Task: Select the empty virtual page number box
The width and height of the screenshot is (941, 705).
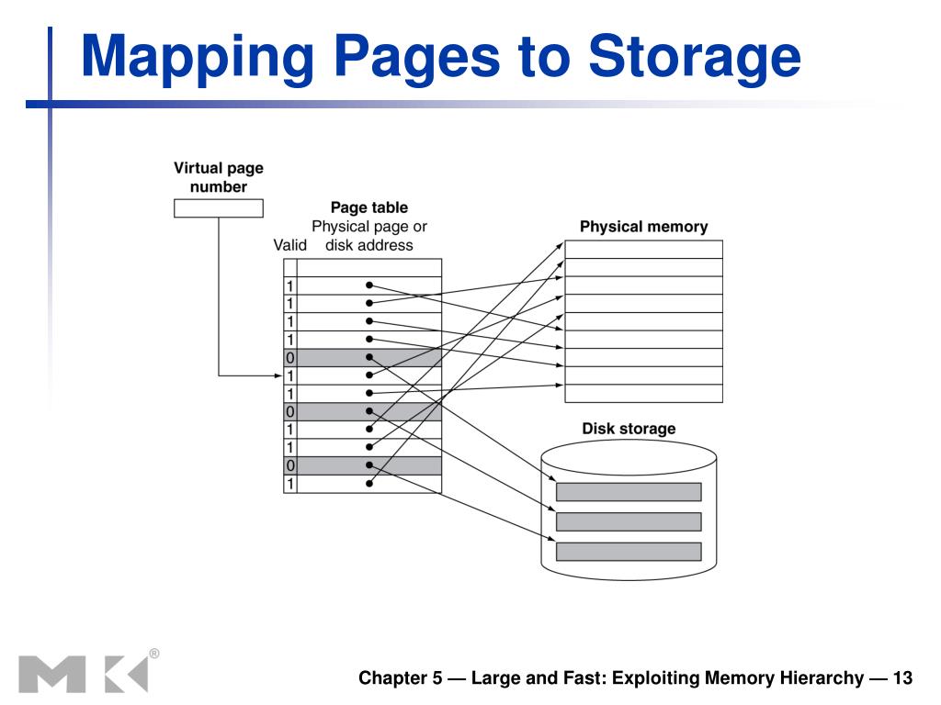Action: pyautogui.click(x=219, y=208)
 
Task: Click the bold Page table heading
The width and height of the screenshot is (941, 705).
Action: pyautogui.click(x=369, y=207)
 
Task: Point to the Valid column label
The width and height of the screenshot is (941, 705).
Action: pyautogui.click(x=289, y=244)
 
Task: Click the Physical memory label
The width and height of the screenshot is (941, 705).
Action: pyautogui.click(x=643, y=227)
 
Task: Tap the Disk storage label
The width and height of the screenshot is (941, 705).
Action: pyautogui.click(x=629, y=429)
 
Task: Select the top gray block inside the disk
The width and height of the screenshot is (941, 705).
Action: pyautogui.click(x=629, y=492)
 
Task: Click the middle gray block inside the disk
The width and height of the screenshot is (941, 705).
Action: pyautogui.click(x=629, y=521)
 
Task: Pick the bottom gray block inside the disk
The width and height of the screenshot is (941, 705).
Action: pyautogui.click(x=629, y=552)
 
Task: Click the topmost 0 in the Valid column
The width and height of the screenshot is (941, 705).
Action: pyautogui.click(x=289, y=358)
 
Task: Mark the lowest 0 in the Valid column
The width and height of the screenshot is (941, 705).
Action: pyautogui.click(x=289, y=465)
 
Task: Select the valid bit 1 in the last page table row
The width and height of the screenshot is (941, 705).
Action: pyautogui.click(x=289, y=484)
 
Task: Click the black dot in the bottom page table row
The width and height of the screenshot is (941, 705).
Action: pyautogui.click(x=369, y=483)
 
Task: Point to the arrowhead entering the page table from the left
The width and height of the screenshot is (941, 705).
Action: pyautogui.click(x=278, y=375)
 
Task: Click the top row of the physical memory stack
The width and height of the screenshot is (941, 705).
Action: pyautogui.click(x=643, y=250)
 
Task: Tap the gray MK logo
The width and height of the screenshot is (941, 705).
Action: pyautogui.click(x=84, y=675)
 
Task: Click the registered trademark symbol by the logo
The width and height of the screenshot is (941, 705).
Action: pyautogui.click(x=154, y=654)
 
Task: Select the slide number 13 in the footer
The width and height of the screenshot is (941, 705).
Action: pyautogui.click(x=902, y=678)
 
